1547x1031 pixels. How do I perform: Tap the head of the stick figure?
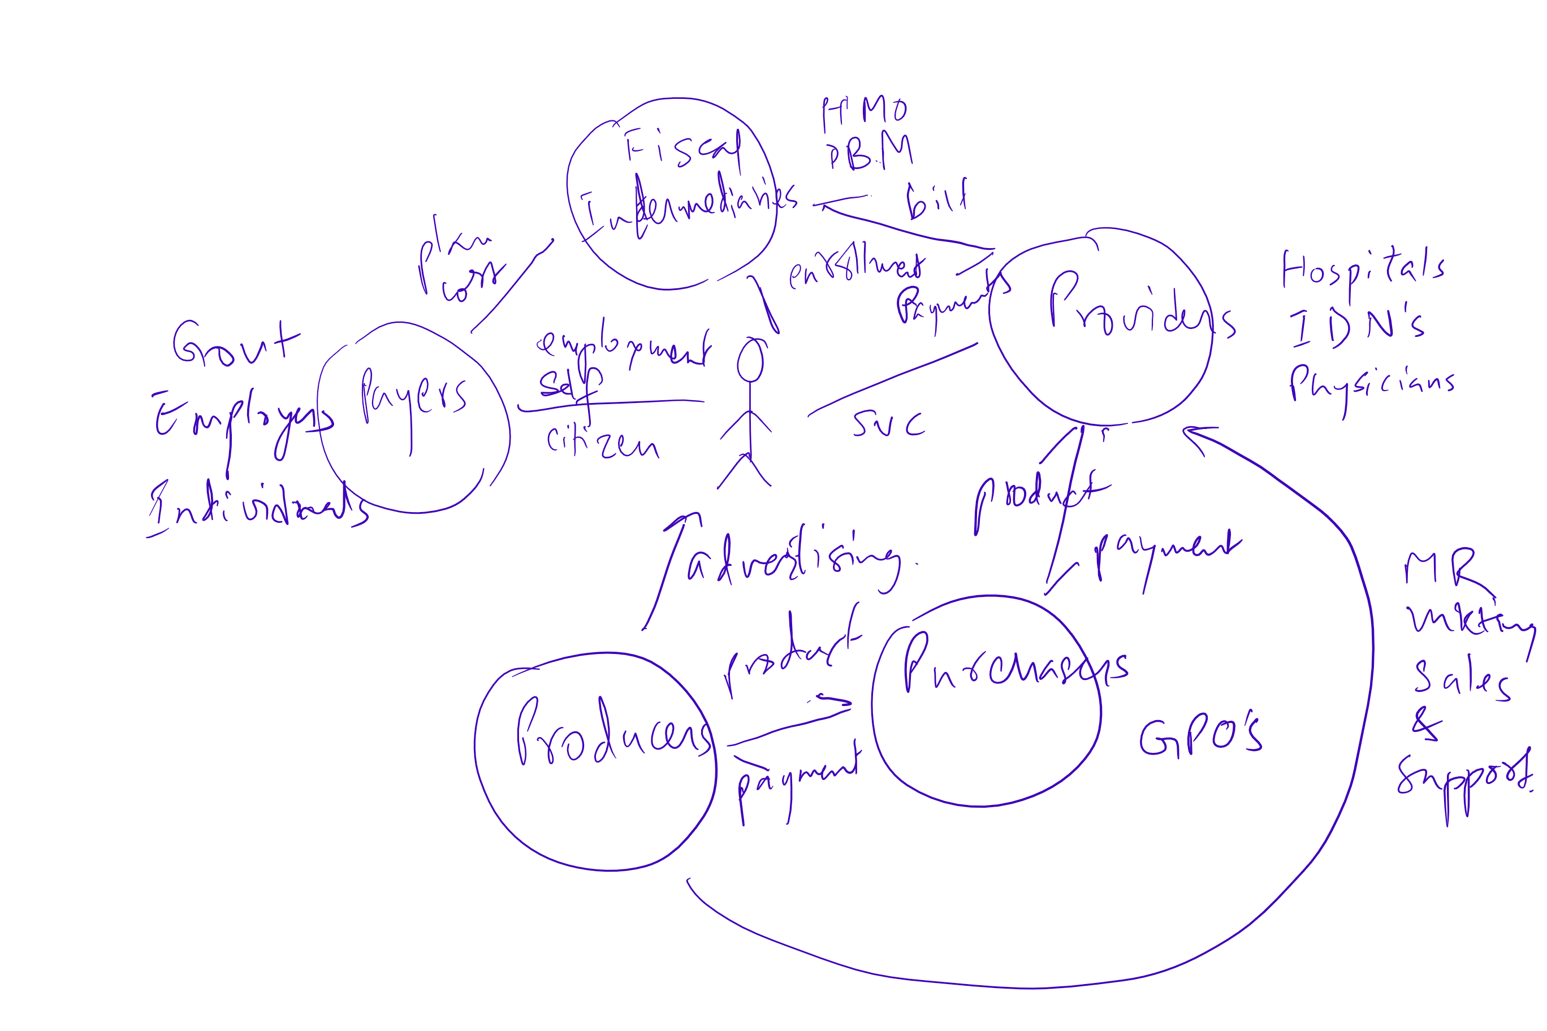click(750, 359)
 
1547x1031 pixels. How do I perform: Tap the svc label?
click(888, 424)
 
